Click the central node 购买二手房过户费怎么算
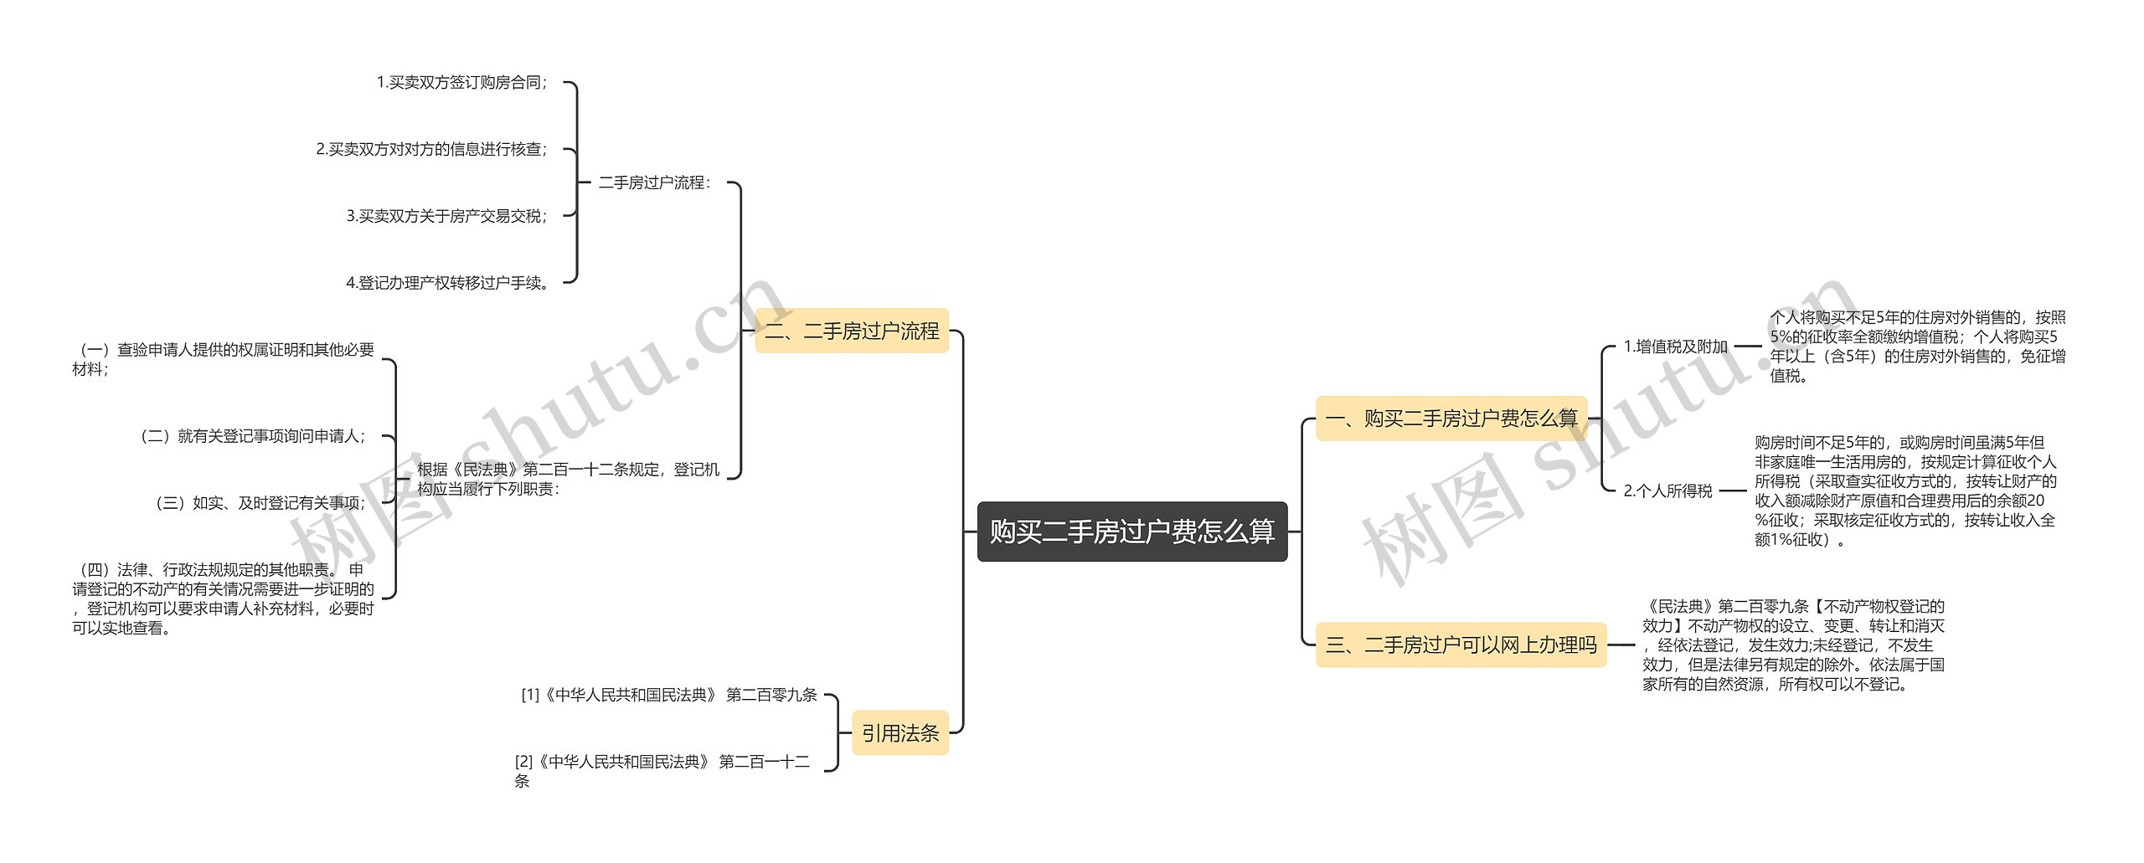[1131, 532]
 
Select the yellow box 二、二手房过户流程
[852, 331]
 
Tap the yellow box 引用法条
[900, 733]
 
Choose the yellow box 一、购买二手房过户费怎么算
[1451, 419]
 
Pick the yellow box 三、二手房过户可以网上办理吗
[1461, 645]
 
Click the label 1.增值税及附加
[1675, 347]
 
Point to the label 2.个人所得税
[1667, 491]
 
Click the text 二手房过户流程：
[654, 182]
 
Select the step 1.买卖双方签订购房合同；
[462, 82]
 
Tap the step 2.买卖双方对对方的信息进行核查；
[432, 149]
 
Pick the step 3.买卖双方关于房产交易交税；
[447, 216]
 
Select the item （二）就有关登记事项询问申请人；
[252, 436]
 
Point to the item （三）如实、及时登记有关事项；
[260, 503]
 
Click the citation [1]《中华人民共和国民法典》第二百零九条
[668, 695]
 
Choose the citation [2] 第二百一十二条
[662, 771]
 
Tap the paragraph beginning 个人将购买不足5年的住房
[1917, 347]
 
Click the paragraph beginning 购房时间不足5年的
[1905, 491]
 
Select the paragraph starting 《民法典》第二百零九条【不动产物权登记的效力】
[1793, 645]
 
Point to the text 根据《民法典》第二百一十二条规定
[568, 479]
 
